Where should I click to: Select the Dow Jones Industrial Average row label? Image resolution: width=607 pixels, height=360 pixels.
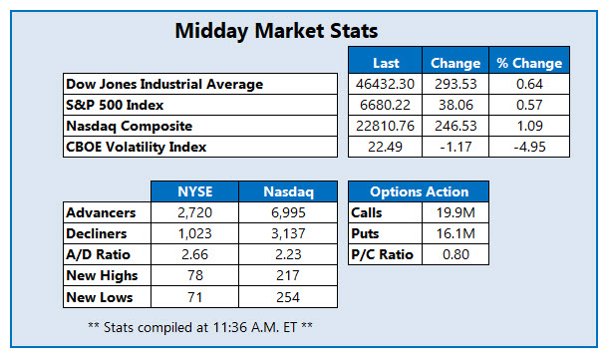pos(162,85)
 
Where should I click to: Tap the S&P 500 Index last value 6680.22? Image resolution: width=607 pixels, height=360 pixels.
pos(386,105)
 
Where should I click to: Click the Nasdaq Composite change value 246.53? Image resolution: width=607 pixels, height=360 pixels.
pos(455,126)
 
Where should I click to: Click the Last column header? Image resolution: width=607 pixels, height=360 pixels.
pos(386,62)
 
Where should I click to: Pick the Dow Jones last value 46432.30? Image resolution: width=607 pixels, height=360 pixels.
pos(386,85)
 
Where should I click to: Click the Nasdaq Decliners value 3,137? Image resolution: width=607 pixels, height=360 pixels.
pos(283,233)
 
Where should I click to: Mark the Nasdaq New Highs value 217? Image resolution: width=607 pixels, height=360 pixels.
pos(283,275)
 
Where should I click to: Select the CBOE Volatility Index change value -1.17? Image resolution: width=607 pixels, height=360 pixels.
pos(455,146)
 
